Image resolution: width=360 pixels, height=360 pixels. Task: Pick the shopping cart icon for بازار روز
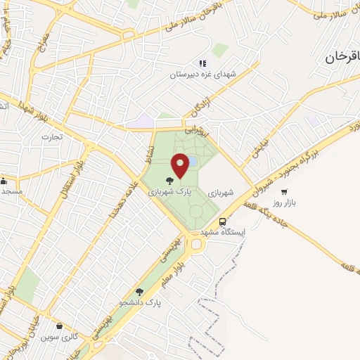point(284,191)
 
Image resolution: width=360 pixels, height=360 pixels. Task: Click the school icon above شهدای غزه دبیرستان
point(202,63)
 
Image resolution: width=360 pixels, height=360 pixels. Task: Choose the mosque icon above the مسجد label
point(4,180)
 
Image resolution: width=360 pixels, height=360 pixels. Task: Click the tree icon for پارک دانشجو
point(139,291)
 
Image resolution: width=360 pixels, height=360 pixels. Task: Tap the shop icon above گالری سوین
point(66,326)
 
